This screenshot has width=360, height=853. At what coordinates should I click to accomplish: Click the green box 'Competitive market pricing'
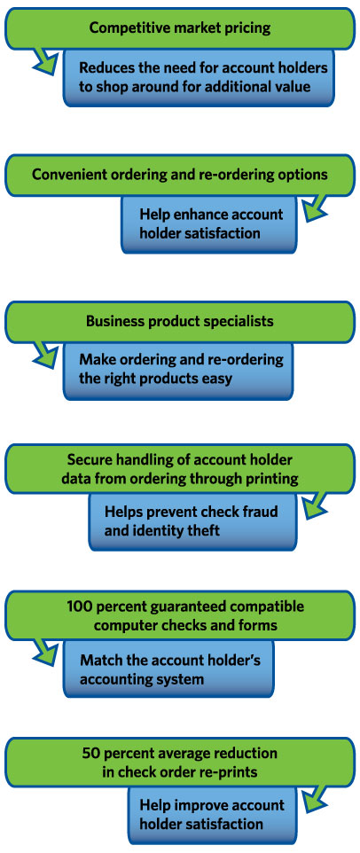[x=179, y=28]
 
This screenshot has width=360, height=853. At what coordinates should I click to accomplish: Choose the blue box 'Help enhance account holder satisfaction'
[x=209, y=223]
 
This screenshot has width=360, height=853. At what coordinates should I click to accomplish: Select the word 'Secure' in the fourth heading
[x=88, y=460]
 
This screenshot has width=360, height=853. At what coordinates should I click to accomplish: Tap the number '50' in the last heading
[x=90, y=754]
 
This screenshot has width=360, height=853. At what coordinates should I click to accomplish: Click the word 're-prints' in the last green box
[x=231, y=772]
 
